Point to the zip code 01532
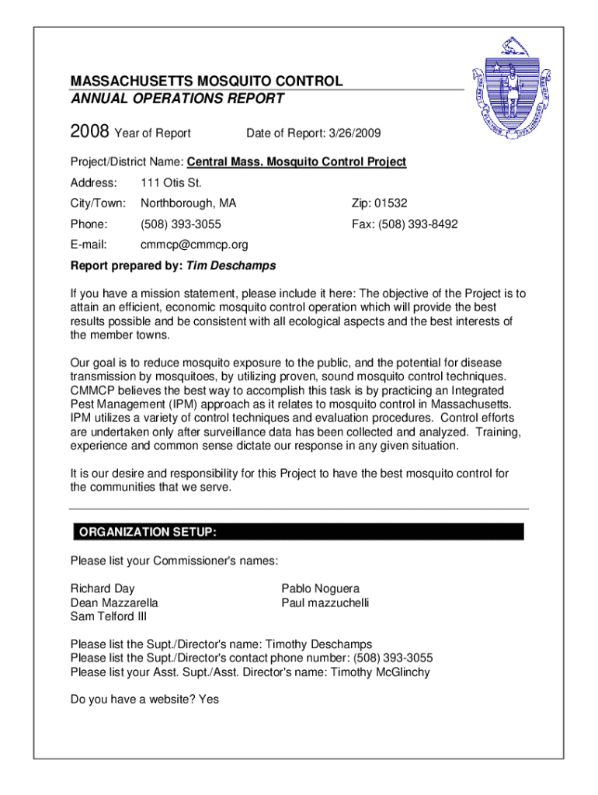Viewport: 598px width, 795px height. click(391, 203)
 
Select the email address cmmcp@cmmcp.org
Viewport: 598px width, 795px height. click(194, 245)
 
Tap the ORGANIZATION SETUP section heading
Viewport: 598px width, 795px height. click(144, 532)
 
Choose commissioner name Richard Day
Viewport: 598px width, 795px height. click(103, 588)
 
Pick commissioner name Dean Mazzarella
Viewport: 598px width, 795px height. click(114, 602)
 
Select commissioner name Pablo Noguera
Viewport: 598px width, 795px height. click(320, 588)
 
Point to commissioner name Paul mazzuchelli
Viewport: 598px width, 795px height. click(325, 602)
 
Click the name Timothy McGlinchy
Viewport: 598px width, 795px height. click(380, 672)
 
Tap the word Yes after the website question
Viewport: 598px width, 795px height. click(209, 700)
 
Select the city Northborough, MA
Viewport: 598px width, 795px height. click(188, 203)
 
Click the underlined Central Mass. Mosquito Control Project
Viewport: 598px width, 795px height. click(296, 162)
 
